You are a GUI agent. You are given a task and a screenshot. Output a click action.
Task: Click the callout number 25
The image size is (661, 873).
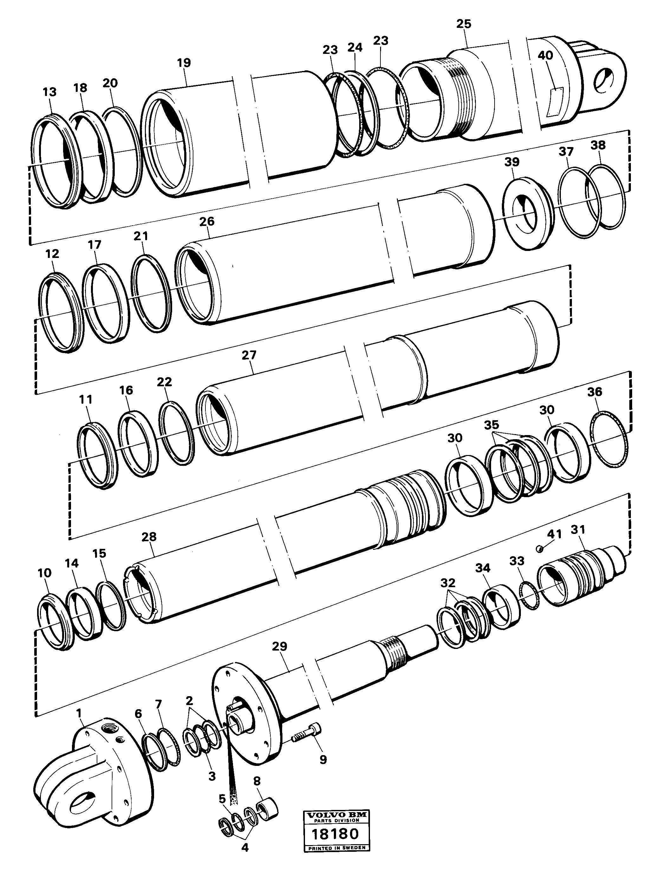click(x=463, y=24)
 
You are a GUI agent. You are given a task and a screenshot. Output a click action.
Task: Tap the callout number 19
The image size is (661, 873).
click(x=184, y=63)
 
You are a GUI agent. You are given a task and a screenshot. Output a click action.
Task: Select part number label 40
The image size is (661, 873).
click(x=545, y=56)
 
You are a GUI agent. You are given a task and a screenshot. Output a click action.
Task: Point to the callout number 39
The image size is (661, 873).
click(x=512, y=162)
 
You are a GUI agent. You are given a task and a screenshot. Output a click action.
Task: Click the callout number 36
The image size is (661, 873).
click(x=595, y=392)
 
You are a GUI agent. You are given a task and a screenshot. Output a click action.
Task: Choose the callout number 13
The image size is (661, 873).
click(x=49, y=92)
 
